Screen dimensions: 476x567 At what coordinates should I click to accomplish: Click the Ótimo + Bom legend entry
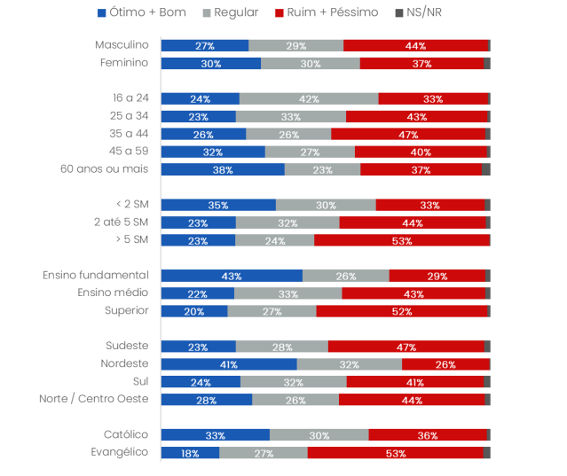pos(141,12)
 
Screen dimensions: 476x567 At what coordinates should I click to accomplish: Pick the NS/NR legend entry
pos(417,12)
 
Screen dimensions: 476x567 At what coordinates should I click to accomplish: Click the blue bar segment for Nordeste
pos(229,364)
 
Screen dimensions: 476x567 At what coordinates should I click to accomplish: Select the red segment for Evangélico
pos(396,453)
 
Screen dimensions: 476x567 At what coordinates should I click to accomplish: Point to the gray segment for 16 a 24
pos(309,98)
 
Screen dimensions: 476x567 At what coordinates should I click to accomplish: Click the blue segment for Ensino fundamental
pos(232,276)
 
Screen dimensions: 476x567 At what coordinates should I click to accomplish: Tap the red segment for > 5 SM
pos(402,240)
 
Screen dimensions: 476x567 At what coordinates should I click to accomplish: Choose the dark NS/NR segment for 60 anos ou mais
pos(486,169)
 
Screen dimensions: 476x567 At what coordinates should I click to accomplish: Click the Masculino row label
pos(122,45)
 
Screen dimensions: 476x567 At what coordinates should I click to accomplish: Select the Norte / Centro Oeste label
pos(93,399)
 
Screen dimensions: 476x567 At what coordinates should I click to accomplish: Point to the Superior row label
pos(126,311)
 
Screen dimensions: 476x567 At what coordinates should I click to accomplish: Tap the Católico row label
pos(125,434)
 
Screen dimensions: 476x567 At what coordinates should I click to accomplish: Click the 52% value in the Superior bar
pos(402,311)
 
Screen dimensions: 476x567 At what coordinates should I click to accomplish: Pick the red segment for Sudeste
pos(406,347)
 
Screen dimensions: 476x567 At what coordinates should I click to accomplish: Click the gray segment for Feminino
pos(311,63)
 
